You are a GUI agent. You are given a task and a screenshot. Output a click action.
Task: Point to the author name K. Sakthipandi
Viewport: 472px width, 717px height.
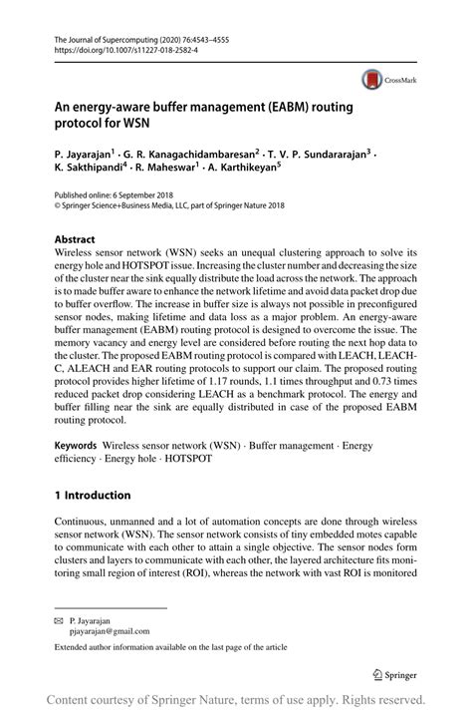click(x=90, y=171)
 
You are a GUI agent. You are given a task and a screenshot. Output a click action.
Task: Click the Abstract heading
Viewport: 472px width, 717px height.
click(x=75, y=240)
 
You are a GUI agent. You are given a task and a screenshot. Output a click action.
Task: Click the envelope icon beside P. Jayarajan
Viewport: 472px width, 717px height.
click(x=59, y=619)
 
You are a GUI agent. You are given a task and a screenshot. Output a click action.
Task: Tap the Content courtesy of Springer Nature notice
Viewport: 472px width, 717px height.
click(x=236, y=700)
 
